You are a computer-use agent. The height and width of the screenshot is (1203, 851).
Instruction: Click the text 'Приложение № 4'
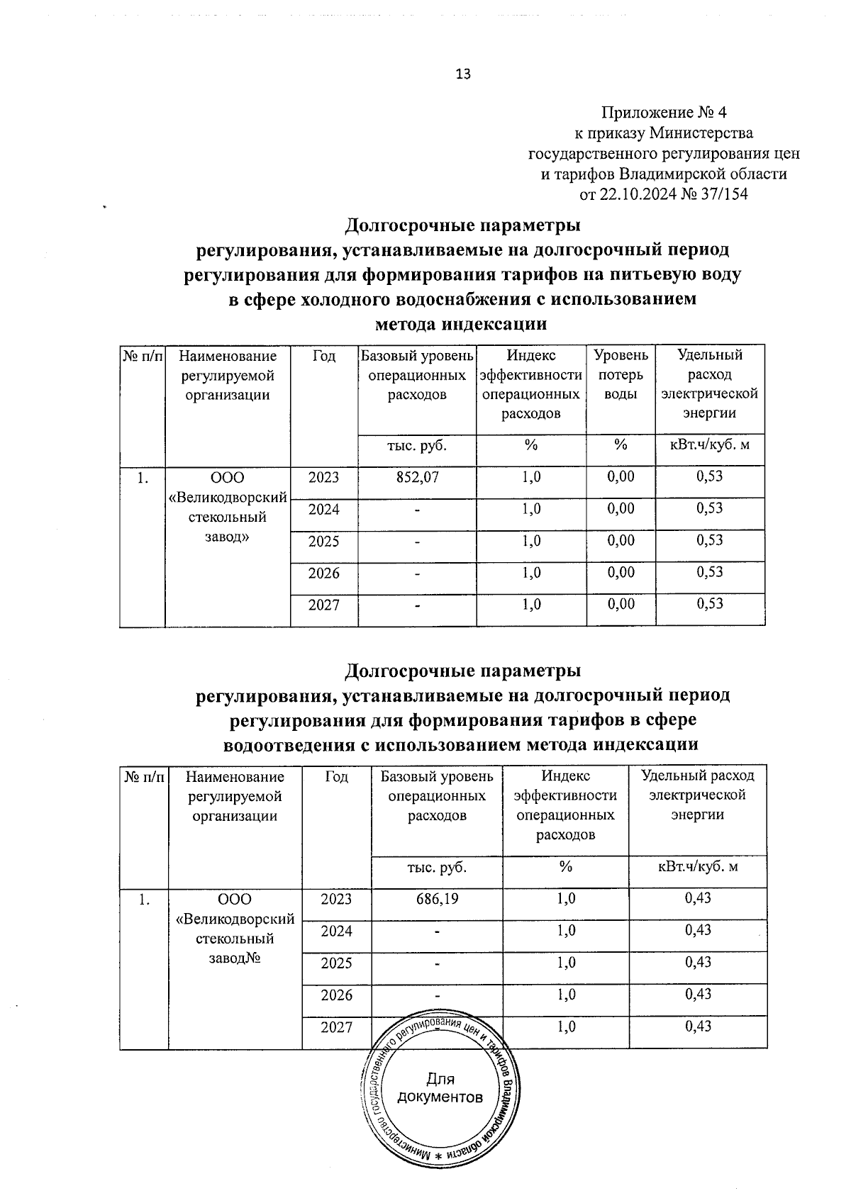point(664,113)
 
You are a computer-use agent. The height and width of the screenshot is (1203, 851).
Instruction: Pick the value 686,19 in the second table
point(437,899)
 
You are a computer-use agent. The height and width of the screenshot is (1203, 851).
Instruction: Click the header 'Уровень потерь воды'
point(621,374)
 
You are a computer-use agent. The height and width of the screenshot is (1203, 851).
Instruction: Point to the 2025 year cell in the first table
point(323,542)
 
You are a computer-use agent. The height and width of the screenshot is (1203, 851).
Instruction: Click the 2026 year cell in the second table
point(336,995)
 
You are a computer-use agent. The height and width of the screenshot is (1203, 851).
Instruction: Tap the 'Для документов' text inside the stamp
point(440,1088)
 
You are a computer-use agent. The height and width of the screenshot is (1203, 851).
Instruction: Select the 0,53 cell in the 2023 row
point(710,476)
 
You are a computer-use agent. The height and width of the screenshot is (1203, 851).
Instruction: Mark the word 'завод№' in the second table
point(235,958)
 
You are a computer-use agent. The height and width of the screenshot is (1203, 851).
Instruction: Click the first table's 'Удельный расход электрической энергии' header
point(710,384)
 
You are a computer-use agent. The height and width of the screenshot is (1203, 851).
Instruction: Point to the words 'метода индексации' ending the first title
point(461,325)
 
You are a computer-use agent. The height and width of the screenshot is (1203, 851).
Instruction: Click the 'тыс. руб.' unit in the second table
point(437,867)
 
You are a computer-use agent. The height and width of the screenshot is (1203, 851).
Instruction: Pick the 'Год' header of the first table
point(323,356)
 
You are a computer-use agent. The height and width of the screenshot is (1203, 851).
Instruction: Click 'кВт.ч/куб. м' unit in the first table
point(710,445)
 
